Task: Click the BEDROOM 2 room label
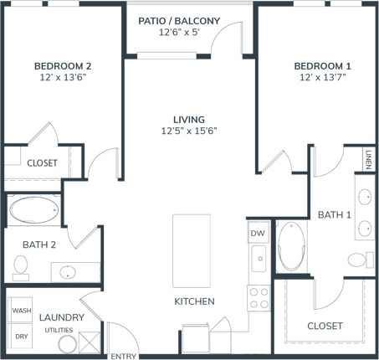click(63, 65)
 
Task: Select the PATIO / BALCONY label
click(190, 20)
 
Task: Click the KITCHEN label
click(194, 301)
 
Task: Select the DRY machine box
click(21, 336)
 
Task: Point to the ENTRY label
click(124, 356)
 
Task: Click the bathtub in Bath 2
click(34, 210)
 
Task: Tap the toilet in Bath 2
click(21, 266)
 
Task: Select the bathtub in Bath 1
click(292, 245)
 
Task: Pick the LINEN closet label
click(368, 158)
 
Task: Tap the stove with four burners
click(259, 298)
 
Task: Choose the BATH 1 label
click(335, 215)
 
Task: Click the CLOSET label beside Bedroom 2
click(42, 163)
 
